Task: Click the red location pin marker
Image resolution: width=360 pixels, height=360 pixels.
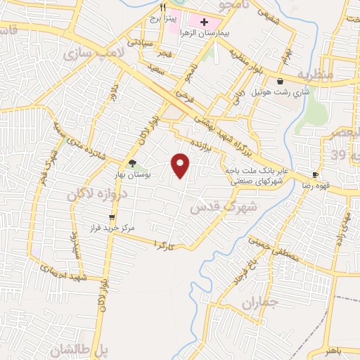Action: (181, 165)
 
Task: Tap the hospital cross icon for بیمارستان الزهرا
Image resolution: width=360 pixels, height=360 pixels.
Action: (204, 22)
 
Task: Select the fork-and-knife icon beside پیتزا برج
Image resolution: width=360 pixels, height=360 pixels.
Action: (163, 8)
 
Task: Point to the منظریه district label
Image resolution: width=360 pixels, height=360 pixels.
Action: (313, 74)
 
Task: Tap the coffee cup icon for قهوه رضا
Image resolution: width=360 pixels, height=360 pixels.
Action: (315, 174)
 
